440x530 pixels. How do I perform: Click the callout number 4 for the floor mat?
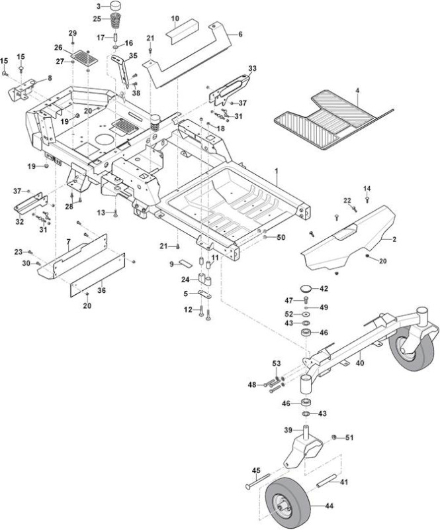click(x=357, y=91)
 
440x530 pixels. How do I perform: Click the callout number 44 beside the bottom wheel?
click(x=330, y=505)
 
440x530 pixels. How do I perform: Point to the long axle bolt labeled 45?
click(x=257, y=481)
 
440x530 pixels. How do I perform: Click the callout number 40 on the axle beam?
click(x=360, y=363)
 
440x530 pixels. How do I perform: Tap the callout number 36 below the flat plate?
click(x=101, y=290)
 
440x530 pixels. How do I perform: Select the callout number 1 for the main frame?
click(x=276, y=172)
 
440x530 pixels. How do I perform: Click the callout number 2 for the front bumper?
click(x=394, y=239)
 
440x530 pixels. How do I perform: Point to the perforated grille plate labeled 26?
click(x=85, y=58)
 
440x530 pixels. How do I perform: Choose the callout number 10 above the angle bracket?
click(x=175, y=19)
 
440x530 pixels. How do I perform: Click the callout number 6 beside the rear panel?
click(x=240, y=34)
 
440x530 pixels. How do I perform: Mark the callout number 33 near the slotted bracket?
click(x=252, y=68)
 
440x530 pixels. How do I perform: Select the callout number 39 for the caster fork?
click(x=288, y=429)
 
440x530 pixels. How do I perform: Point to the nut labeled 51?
click(x=334, y=437)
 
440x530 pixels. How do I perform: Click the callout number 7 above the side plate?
click(x=69, y=242)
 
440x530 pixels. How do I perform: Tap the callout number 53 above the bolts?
click(x=277, y=364)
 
